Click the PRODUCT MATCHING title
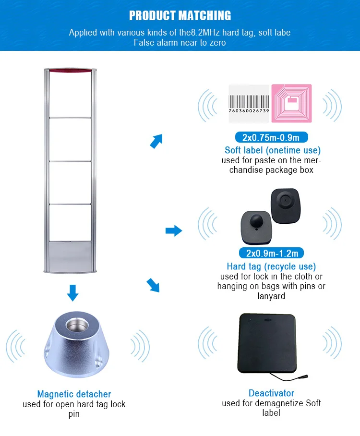pos(180,15)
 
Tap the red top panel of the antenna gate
pos(70,73)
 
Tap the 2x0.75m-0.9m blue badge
pos(272,138)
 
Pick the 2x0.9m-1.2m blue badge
pos(272,254)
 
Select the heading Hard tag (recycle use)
pos(271,266)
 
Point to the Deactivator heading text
pos(271,393)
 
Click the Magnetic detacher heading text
pos(74,394)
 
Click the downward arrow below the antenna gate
pos(72,292)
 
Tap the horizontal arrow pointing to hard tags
pos(173,231)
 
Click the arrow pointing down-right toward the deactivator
pos(153,285)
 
